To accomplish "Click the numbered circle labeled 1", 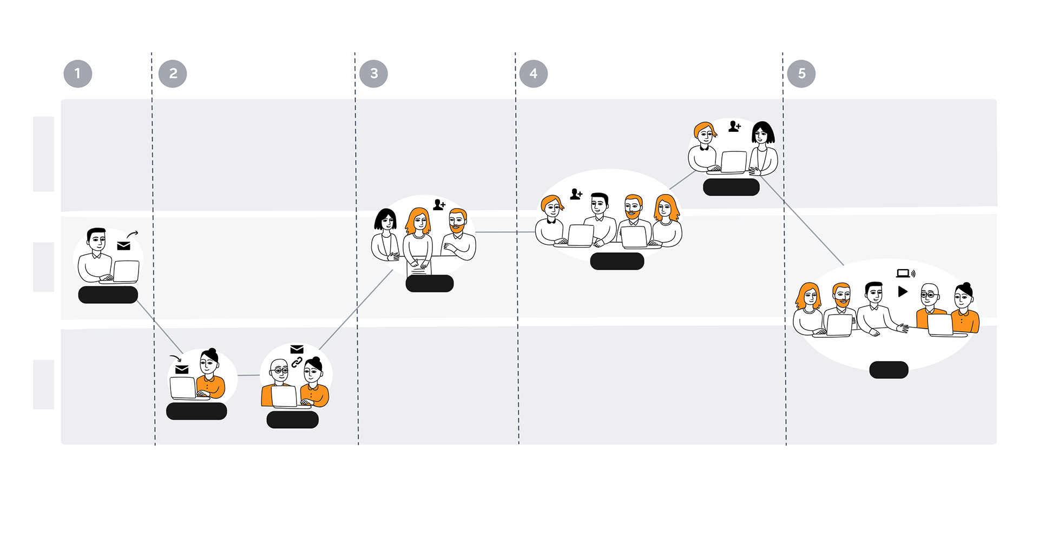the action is [x=78, y=74].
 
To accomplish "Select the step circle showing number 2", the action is [x=173, y=74].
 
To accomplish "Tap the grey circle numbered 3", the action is [x=373, y=74].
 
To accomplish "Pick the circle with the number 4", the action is [x=534, y=74].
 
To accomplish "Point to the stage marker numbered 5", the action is [x=801, y=74].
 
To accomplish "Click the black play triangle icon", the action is [x=902, y=292].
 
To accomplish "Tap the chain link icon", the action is [x=297, y=362].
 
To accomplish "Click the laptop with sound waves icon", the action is [x=905, y=273].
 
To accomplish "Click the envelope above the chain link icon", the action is [x=297, y=349].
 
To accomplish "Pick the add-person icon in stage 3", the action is [x=439, y=205].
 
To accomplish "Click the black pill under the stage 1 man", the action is [x=108, y=295].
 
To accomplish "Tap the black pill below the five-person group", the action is [x=889, y=370].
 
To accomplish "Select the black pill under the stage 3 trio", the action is [x=430, y=283].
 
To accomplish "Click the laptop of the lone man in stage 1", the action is [x=126, y=271].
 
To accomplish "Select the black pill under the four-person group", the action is [x=617, y=261].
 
